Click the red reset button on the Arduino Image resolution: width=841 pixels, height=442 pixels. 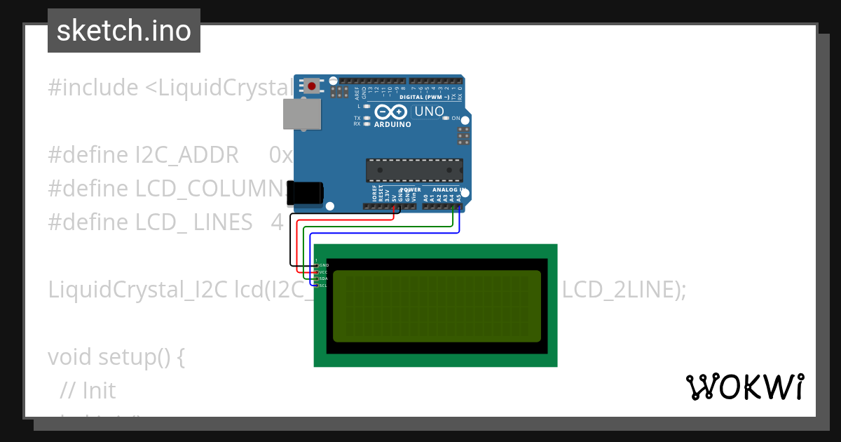tap(311, 86)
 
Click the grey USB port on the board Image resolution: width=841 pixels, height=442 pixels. tap(302, 114)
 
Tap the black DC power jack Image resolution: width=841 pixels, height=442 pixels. tap(306, 194)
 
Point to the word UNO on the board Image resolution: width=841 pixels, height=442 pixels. tap(430, 112)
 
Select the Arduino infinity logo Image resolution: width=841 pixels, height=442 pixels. tap(391, 112)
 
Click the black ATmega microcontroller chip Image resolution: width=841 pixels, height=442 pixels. tap(414, 170)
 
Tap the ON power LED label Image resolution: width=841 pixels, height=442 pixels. tap(456, 118)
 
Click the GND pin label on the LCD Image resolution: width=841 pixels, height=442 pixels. tap(324, 265)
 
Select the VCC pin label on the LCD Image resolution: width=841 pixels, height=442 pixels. tap(324, 272)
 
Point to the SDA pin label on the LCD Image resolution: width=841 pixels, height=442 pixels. tap(324, 279)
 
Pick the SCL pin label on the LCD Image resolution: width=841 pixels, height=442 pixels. tap(324, 286)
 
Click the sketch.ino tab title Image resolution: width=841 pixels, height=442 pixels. tap(123, 31)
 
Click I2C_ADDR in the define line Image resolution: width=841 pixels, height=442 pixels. tap(186, 155)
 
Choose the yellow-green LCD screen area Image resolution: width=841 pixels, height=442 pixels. tap(437, 306)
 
